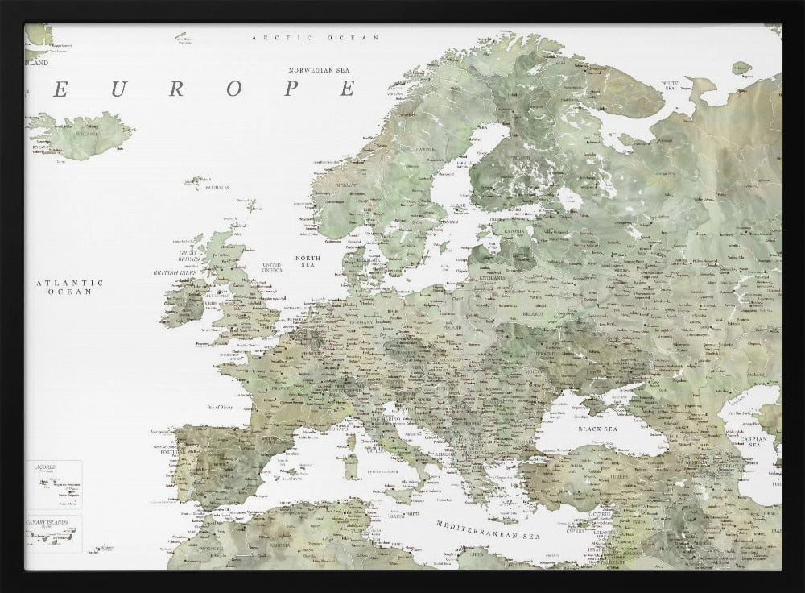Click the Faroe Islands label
click(217, 187)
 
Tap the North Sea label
click(307, 260)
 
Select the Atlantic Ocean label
click(71, 287)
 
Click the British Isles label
click(175, 273)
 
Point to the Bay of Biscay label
click(224, 408)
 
